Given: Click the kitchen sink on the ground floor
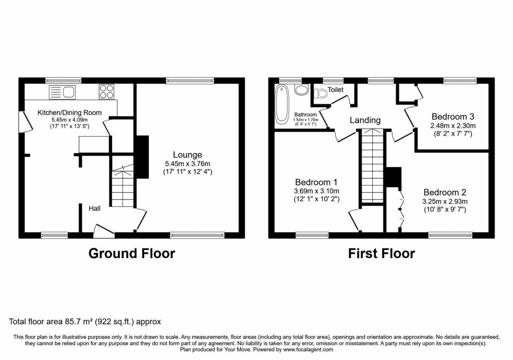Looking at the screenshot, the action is (x=62, y=92).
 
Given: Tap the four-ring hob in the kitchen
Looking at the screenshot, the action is (x=107, y=91).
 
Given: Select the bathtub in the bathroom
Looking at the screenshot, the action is (x=281, y=104).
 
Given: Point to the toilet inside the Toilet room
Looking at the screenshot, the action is (x=320, y=93).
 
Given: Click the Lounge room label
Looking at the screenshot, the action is (x=187, y=155).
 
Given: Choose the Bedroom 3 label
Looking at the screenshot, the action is (x=453, y=116).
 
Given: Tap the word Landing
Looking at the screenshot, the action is (x=365, y=120).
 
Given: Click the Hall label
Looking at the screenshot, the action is (x=95, y=208).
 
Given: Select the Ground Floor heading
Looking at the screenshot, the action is (x=132, y=254).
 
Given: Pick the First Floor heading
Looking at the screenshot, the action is (x=381, y=254).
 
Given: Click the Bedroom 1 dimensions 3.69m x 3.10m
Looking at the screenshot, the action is (x=317, y=191).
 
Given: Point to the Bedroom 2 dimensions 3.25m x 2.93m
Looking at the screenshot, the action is (x=445, y=201).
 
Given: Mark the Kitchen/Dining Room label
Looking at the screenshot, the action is (x=70, y=112).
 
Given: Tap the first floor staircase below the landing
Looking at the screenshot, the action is (x=372, y=166).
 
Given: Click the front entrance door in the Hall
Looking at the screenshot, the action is (x=103, y=231).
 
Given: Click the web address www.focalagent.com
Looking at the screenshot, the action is (x=308, y=349).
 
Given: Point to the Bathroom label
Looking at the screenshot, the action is (x=306, y=115).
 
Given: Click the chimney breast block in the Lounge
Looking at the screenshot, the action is (x=142, y=157).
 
